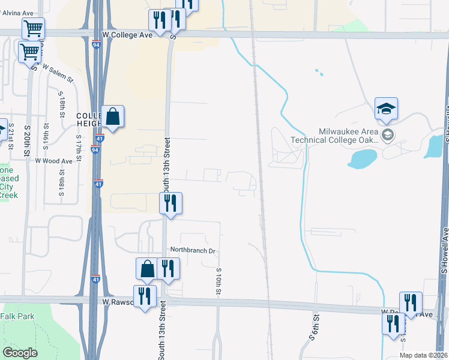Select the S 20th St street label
pyautogui.click(x=27, y=141)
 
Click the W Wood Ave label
pyautogui.click(x=53, y=161)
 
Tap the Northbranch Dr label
pyautogui.click(x=192, y=250)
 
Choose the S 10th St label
pyautogui.click(x=218, y=281)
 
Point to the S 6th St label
pyautogui.click(x=313, y=326)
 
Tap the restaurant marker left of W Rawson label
pyautogui.click(x=145, y=296)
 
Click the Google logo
pyautogui.click(x=20, y=353)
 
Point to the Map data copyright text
pyautogui.click(x=423, y=355)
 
